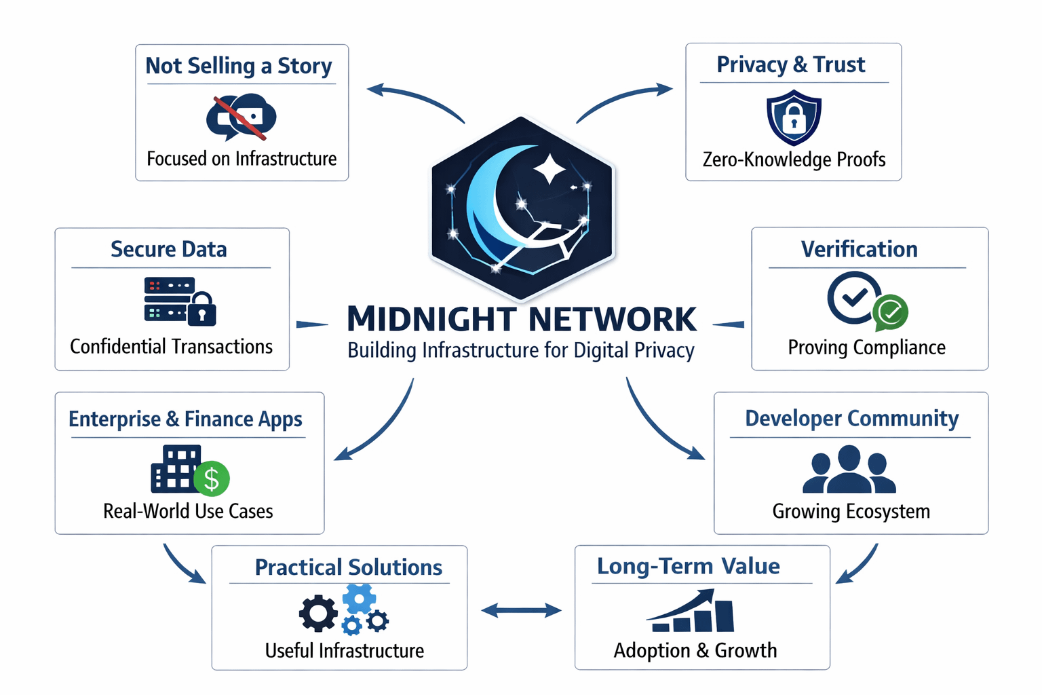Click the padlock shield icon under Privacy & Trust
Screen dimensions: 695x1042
click(794, 119)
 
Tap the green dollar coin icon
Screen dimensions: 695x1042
click(212, 478)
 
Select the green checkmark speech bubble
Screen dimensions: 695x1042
click(890, 312)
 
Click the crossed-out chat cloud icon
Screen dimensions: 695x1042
click(241, 117)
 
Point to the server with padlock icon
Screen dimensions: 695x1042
click(180, 300)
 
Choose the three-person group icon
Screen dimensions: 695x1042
click(849, 470)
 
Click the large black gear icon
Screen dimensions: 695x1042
click(318, 613)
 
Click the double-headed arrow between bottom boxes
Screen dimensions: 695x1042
click(521, 611)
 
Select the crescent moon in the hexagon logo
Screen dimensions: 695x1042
click(488, 204)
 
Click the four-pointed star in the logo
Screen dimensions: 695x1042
click(549, 168)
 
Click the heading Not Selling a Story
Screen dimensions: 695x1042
click(239, 66)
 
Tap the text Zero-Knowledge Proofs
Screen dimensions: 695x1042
click(794, 159)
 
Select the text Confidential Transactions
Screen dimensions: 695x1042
click(171, 347)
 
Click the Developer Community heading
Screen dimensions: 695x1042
click(851, 419)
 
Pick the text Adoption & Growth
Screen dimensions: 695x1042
click(695, 650)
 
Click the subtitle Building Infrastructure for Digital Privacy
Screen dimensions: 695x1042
click(521, 350)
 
